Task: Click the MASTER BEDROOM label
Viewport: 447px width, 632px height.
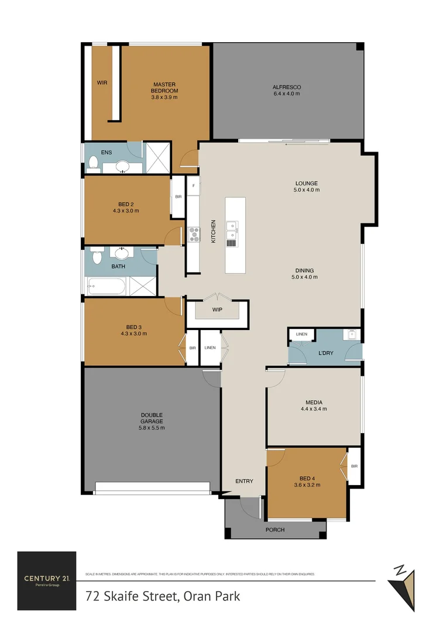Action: (164, 87)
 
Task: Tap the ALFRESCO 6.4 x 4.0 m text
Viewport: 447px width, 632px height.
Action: (286, 90)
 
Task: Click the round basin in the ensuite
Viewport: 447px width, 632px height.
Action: (123, 167)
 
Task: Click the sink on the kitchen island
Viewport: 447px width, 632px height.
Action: (232, 225)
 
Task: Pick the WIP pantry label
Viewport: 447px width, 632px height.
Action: (217, 309)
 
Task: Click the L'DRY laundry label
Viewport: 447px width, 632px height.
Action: (326, 355)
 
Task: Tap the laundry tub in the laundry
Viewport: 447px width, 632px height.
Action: (352, 335)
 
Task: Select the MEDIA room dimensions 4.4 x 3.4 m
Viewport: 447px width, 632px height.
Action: (314, 408)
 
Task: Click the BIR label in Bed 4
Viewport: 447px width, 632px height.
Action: (354, 466)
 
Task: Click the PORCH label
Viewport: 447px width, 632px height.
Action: (275, 530)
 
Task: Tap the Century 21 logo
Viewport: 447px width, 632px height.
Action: (47, 581)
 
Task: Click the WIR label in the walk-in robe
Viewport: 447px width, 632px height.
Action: (102, 83)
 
